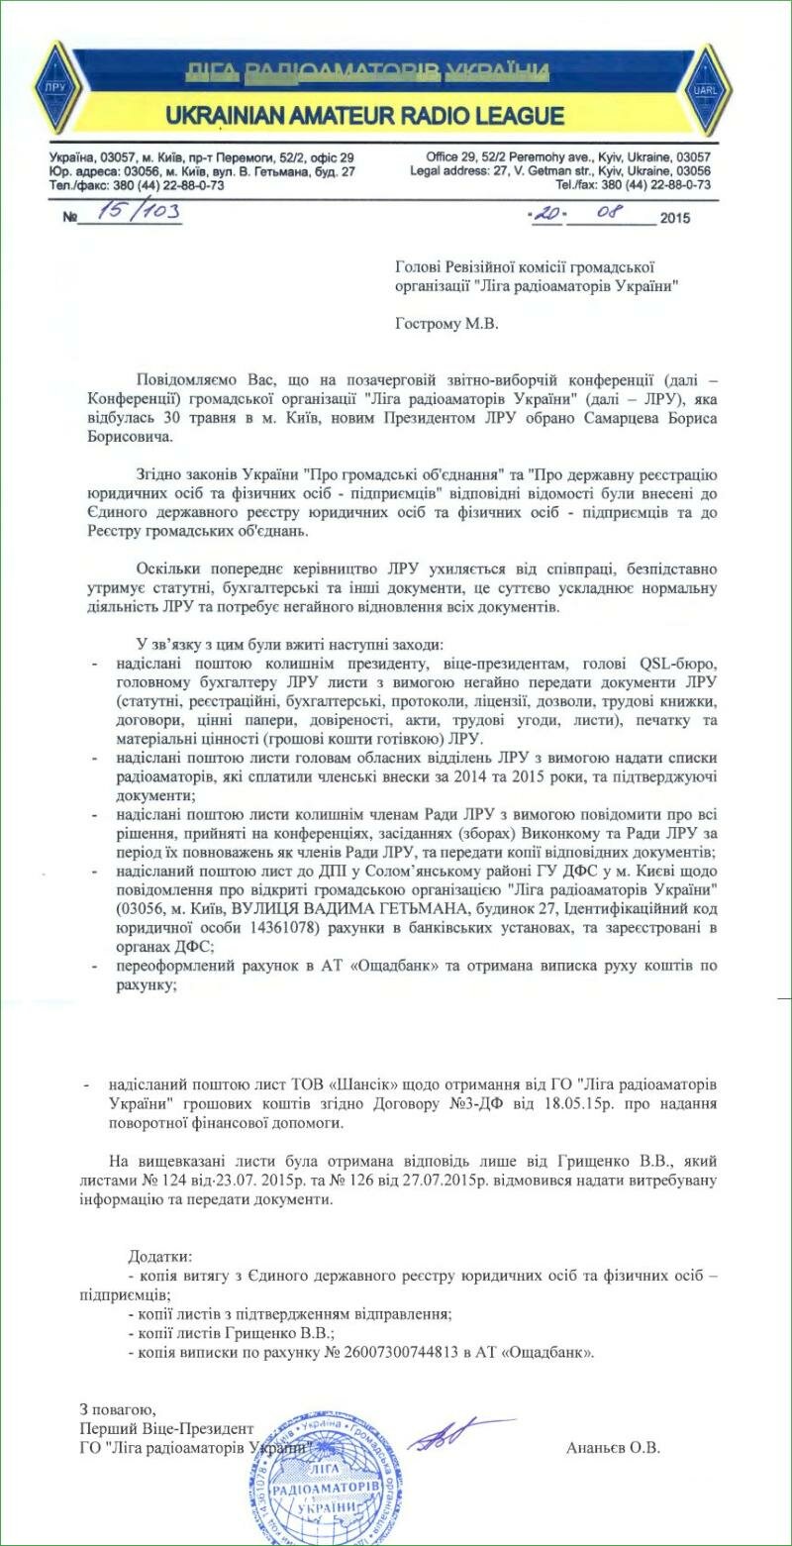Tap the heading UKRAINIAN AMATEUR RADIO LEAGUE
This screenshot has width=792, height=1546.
click(365, 116)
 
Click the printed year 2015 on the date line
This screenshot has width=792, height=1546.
click(676, 218)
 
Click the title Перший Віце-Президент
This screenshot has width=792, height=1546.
click(166, 1429)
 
